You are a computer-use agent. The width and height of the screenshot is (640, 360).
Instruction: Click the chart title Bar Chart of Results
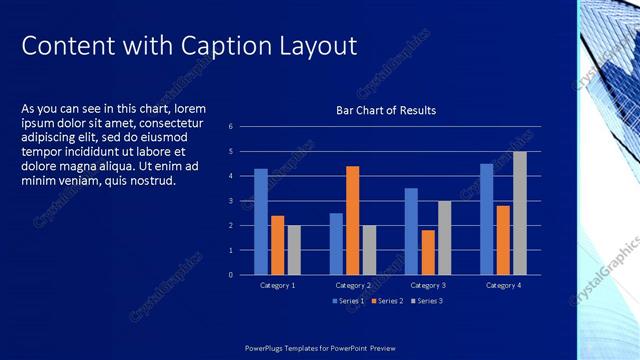(x=386, y=110)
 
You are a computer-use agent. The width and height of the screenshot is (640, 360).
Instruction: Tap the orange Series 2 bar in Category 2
(x=352, y=220)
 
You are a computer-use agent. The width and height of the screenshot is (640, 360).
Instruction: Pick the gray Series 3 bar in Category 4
(x=519, y=213)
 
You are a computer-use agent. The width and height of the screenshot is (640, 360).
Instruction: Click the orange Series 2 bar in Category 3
(x=428, y=252)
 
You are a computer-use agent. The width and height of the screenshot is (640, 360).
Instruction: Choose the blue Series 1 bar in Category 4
(x=486, y=219)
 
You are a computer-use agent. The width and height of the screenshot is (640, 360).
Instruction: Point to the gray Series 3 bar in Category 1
(x=294, y=250)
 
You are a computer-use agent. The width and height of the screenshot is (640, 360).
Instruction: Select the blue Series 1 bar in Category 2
(x=336, y=243)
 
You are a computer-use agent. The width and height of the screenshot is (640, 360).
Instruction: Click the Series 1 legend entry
(x=349, y=301)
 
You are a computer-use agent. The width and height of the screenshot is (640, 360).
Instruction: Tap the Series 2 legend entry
(x=386, y=301)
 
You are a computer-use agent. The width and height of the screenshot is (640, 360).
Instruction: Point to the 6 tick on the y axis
(x=230, y=127)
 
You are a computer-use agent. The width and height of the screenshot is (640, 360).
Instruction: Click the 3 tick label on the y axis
(x=230, y=201)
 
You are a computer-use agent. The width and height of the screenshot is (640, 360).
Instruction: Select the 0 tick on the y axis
(x=230, y=275)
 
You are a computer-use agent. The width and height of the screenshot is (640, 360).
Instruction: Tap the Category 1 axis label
(x=277, y=286)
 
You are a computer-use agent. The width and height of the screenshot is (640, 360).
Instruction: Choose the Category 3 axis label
(x=428, y=286)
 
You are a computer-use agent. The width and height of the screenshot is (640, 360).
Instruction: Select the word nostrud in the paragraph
(x=148, y=181)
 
